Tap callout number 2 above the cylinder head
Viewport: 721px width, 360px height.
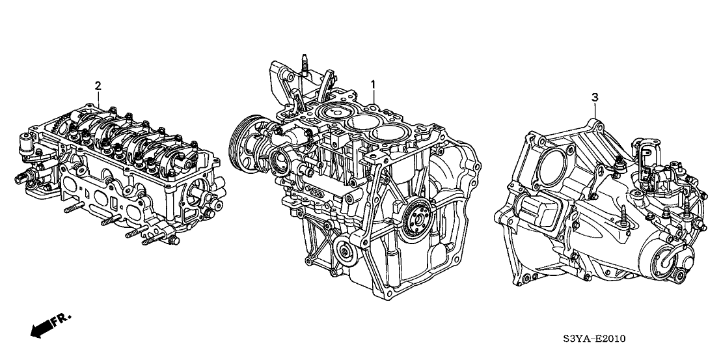tap(98, 85)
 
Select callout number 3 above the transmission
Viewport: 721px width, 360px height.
tap(595, 97)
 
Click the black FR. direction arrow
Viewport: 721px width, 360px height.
tap(40, 329)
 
